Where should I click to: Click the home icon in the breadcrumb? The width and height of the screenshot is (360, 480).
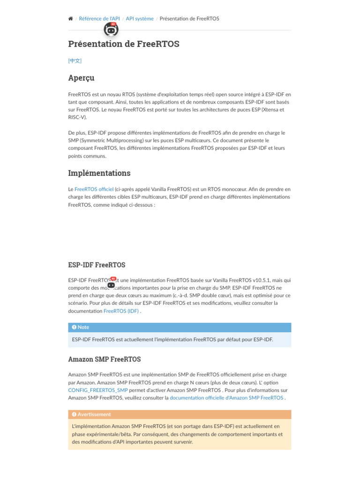[x=70, y=19]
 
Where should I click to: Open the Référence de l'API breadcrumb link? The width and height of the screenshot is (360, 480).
[x=99, y=19]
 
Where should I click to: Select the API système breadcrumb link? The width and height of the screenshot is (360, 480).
[x=140, y=19]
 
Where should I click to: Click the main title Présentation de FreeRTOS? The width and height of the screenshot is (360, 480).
[x=124, y=44]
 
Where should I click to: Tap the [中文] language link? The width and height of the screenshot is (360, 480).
[x=75, y=60]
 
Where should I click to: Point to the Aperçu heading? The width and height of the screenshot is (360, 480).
[x=81, y=78]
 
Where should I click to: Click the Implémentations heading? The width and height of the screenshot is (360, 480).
[x=99, y=173]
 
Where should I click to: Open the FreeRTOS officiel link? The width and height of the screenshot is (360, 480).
[x=94, y=189]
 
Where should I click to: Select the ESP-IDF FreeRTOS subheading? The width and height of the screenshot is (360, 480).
[x=97, y=265]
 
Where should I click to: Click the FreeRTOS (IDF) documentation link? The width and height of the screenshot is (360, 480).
[x=121, y=311]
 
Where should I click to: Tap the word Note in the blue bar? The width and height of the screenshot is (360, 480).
[x=83, y=327]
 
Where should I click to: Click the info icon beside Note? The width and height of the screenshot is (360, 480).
[x=74, y=327]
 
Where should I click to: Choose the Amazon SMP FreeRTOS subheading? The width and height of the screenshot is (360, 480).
[x=104, y=359]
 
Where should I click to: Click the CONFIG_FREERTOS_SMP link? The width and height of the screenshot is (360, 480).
[x=98, y=390]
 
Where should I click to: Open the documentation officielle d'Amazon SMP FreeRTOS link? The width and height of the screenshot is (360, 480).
[x=226, y=398]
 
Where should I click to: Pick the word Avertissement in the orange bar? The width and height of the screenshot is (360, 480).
[x=94, y=414]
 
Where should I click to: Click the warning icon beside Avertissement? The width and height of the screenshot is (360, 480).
[x=74, y=414]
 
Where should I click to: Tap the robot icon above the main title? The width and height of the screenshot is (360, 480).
[x=111, y=30]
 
